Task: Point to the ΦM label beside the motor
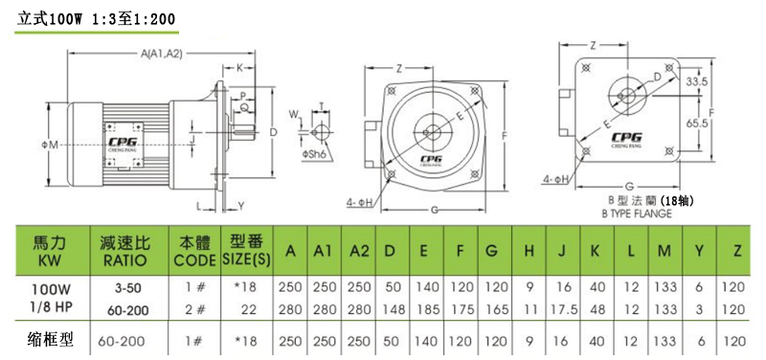(x=54, y=145)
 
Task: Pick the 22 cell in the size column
(x=251, y=307)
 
